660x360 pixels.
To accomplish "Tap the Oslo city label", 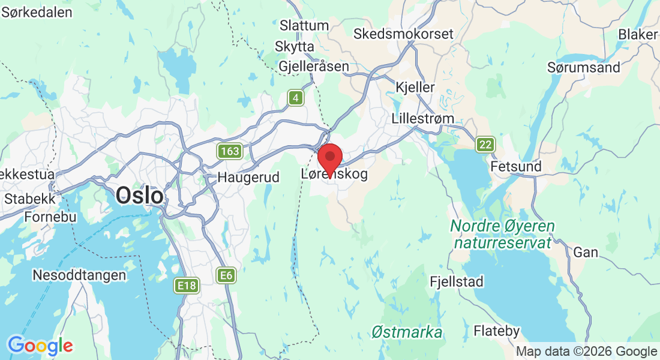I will tap(139, 195).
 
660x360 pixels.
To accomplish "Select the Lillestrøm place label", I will tap(422, 118).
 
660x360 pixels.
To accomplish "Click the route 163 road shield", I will tap(230, 151).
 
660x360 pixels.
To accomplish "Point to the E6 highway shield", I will tap(226, 275).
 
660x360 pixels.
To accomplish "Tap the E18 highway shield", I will tap(187, 286).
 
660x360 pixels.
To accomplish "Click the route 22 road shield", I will tap(485, 144).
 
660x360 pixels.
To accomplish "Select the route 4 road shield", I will tap(295, 98).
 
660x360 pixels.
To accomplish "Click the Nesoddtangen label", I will tap(80, 275).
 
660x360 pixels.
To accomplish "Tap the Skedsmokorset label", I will tap(403, 34).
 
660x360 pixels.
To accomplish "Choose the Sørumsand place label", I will tap(583, 67).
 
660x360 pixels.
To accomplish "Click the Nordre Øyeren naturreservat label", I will tap(502, 235).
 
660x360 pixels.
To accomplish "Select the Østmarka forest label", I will tap(407, 332).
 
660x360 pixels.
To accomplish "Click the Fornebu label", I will tap(49, 217).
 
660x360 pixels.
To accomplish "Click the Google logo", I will tap(40, 346).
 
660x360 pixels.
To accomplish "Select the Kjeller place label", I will tap(415, 87).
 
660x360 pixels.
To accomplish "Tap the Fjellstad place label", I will tap(457, 281).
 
